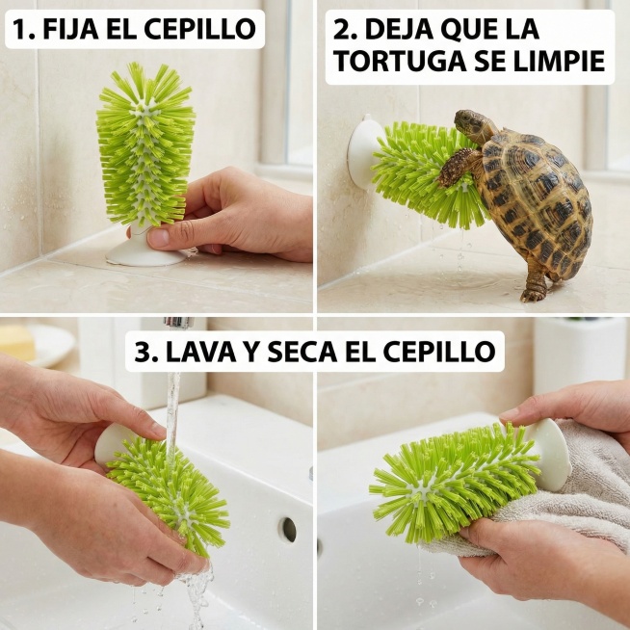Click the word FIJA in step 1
pos(70,29)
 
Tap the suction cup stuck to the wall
pos(364,152)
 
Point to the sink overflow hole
pos(289,530)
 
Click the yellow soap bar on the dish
pos(17,342)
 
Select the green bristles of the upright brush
pos(145,144)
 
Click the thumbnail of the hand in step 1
pos(159,238)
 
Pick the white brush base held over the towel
pos(549,454)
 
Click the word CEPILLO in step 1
pos(199,29)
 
